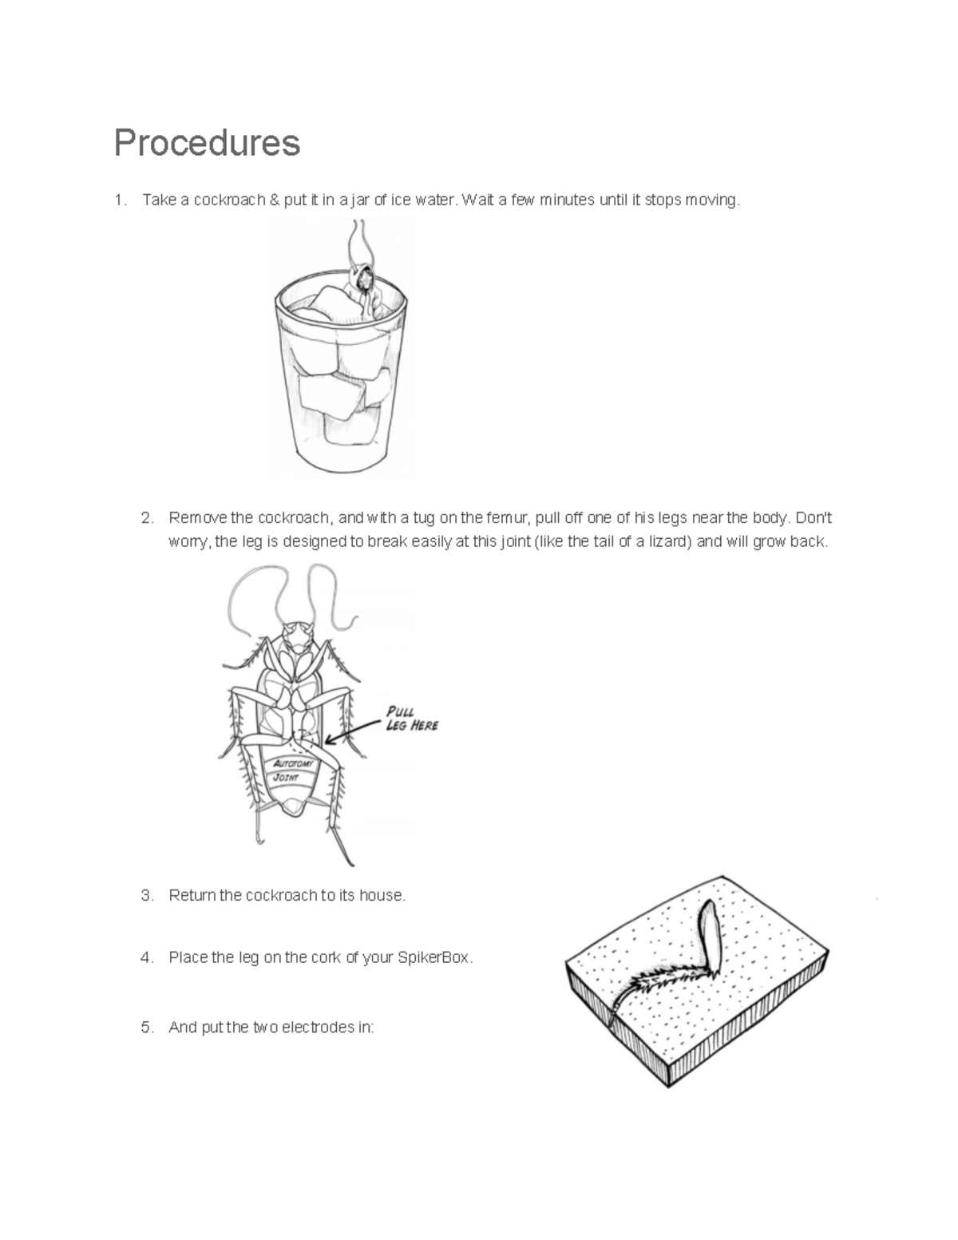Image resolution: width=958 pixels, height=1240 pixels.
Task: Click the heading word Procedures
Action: tap(207, 144)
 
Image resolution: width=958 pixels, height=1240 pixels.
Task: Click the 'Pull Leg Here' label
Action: tap(412, 719)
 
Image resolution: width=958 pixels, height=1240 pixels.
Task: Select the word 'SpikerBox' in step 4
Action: tap(433, 958)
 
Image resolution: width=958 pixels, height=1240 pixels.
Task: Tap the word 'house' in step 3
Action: tap(383, 896)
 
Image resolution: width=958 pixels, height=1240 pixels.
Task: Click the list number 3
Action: tap(146, 896)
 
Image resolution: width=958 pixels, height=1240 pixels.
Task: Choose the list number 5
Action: tap(146, 1028)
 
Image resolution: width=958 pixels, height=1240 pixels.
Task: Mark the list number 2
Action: tap(146, 517)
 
